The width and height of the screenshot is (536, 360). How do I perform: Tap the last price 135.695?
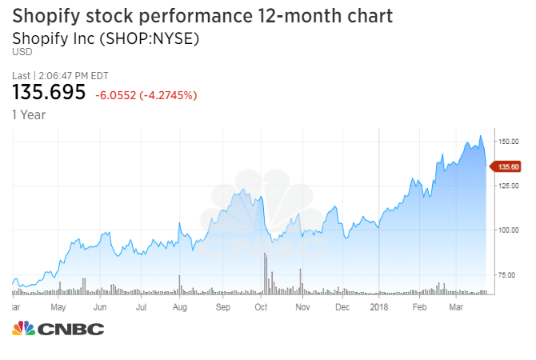[x=49, y=93]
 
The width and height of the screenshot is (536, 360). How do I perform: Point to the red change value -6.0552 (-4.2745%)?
[x=146, y=95]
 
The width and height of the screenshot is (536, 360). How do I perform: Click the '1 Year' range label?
[x=29, y=114]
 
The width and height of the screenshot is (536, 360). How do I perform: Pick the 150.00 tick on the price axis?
[x=509, y=141]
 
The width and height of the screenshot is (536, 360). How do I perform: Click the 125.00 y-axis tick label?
[x=509, y=186]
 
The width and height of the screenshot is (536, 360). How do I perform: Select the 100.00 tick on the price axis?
[x=509, y=230]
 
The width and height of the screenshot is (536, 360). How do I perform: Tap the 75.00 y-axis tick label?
[x=509, y=275]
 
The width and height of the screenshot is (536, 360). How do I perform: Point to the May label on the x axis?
[x=58, y=306]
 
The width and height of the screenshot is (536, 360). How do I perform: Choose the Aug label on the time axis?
[x=180, y=306]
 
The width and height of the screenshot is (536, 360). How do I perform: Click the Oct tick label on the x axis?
[x=261, y=306]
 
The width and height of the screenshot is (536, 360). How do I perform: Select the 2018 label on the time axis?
[x=379, y=306]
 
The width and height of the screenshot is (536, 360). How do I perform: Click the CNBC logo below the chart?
[x=58, y=329]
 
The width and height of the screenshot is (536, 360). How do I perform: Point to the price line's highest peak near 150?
[x=480, y=137]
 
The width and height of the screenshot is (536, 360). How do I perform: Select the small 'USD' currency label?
[x=21, y=53]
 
